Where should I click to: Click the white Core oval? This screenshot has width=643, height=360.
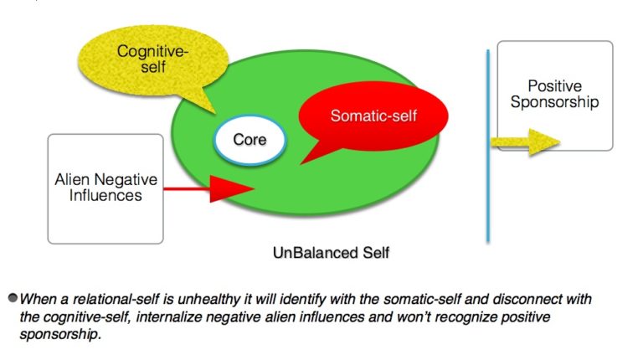pos(249,139)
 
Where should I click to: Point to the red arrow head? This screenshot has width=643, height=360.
pos(234,190)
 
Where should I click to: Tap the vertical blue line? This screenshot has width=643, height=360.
pos(487,147)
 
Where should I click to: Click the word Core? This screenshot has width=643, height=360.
pos(249,139)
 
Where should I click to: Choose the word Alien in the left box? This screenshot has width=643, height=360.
pos(75,180)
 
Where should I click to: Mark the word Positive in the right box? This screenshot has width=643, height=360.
pos(554,86)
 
